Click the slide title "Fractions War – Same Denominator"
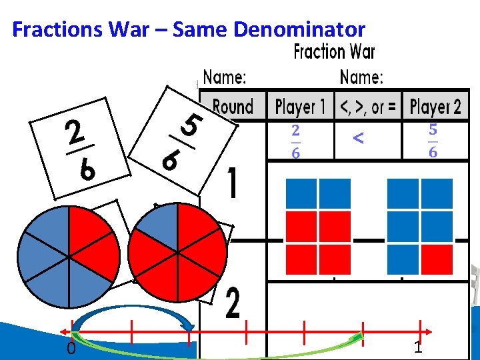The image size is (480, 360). click(x=189, y=29)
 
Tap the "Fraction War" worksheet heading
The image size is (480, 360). click(x=334, y=52)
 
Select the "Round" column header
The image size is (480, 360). click(x=233, y=107)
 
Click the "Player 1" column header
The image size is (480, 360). click(x=301, y=107)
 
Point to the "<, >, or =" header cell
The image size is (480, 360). click(x=368, y=107)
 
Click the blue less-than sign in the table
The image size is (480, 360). click(x=358, y=138)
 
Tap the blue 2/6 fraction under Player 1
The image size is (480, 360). click(x=295, y=141)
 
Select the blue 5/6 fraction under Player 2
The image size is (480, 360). click(x=433, y=141)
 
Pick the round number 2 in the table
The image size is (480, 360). click(x=232, y=303)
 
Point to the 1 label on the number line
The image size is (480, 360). click(x=418, y=347)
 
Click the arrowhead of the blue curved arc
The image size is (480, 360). click(x=189, y=326)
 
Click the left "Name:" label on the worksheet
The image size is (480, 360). click(x=225, y=77)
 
